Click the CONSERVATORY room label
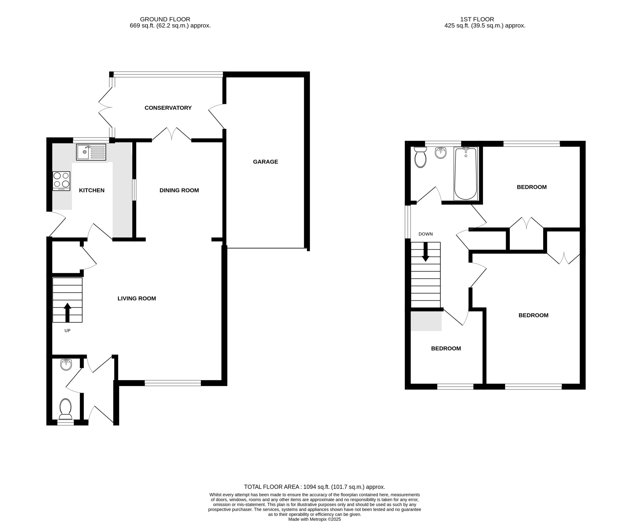(168, 108)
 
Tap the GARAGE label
(265, 162)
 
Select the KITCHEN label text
(91, 190)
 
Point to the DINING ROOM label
(179, 190)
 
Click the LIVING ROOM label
(137, 299)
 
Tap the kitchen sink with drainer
(91, 152)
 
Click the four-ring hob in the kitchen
(61, 181)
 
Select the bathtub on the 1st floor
(465, 174)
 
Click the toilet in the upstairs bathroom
(420, 157)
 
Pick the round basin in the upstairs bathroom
(441, 153)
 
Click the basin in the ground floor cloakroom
(66, 365)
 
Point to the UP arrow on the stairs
(67, 312)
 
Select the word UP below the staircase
(67, 331)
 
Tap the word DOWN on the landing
(426, 234)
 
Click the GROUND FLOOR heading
(165, 19)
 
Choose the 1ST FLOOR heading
(477, 19)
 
